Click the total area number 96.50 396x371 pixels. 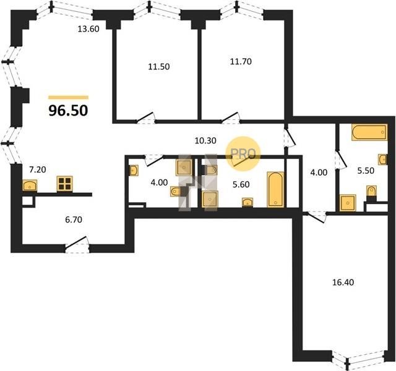pos(68,111)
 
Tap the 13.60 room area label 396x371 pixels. pos(88,29)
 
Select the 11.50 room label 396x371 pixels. pos(158,67)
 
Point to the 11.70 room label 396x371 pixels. pos(241,61)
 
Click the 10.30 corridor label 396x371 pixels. pos(205,140)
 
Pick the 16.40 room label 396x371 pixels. pos(343,282)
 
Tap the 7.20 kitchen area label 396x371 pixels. pos(38,169)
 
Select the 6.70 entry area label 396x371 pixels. pos(74,220)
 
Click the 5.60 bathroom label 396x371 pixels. pos(241,184)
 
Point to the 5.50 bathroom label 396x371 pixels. pos(366,171)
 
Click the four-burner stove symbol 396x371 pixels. pos(64,184)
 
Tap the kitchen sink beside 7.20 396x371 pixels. pos(30,185)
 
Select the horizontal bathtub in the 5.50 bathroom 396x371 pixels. pos(369,132)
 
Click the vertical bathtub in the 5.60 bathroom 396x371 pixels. pos(275,189)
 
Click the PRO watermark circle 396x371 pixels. pos(243,153)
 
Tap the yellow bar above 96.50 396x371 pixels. pos(69,98)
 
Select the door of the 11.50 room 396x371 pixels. pos(146,118)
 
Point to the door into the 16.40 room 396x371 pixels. pos(315,217)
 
